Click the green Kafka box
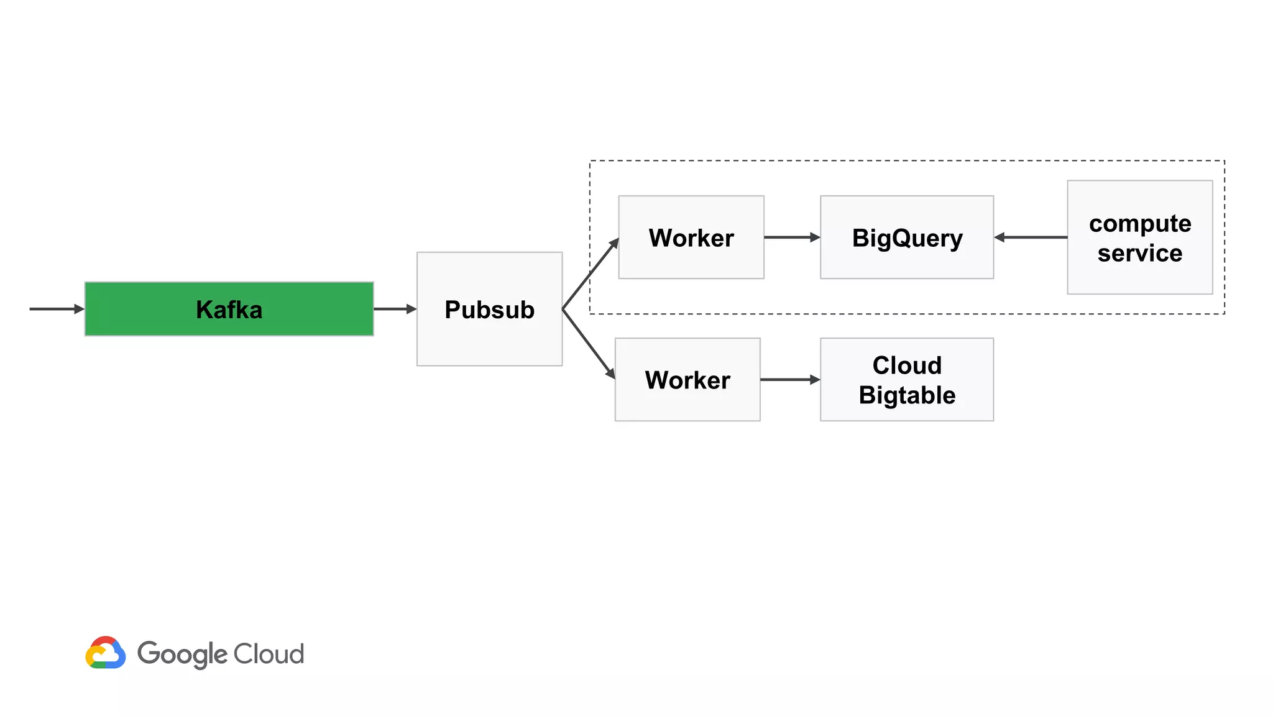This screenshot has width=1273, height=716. pyautogui.click(x=229, y=309)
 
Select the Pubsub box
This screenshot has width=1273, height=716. pyautogui.click(x=489, y=309)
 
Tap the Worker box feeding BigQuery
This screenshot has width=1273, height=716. pyautogui.click(x=691, y=237)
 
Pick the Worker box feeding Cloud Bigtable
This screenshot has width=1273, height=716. pyautogui.click(x=687, y=380)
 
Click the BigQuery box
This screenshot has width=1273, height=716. pyautogui.click(x=906, y=237)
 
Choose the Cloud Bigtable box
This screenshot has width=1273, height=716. pyautogui.click(x=906, y=380)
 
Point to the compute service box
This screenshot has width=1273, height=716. pyautogui.click(x=1139, y=237)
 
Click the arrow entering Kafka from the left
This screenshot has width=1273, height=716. pyautogui.click(x=56, y=309)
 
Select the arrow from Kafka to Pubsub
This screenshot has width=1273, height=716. pyautogui.click(x=395, y=309)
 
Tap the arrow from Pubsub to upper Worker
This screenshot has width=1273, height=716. pyautogui.click(x=591, y=273)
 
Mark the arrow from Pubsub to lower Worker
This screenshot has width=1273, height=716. pyautogui.click(x=589, y=344)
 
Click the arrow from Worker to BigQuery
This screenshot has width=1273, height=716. pyautogui.click(x=791, y=237)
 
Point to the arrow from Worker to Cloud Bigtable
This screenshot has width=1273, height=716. pyautogui.click(x=789, y=380)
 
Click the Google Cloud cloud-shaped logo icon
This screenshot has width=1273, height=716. pyautogui.click(x=106, y=653)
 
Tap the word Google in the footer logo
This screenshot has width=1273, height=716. pyautogui.click(x=182, y=654)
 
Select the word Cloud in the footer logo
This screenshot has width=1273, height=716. pyautogui.click(x=269, y=654)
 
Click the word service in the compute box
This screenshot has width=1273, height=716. pyautogui.click(x=1139, y=253)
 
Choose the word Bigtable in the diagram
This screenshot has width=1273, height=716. pyautogui.click(x=906, y=395)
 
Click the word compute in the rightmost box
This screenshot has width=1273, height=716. pyautogui.click(x=1139, y=223)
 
